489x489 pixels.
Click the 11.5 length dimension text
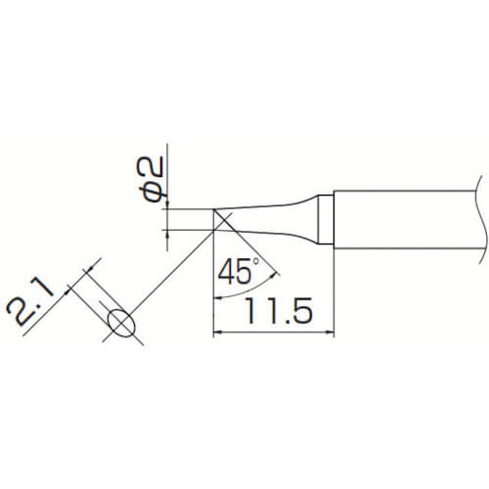(x=279, y=310)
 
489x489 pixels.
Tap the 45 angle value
(x=235, y=271)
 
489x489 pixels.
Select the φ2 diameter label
(x=149, y=179)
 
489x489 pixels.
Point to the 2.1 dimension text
(x=30, y=301)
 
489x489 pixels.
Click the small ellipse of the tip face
(x=120, y=324)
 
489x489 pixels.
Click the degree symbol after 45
(x=255, y=261)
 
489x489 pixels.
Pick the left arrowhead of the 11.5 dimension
(x=217, y=333)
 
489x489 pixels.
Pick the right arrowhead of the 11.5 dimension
(x=330, y=333)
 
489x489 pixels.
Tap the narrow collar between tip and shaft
(x=326, y=219)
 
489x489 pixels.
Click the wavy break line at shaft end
(x=481, y=220)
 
